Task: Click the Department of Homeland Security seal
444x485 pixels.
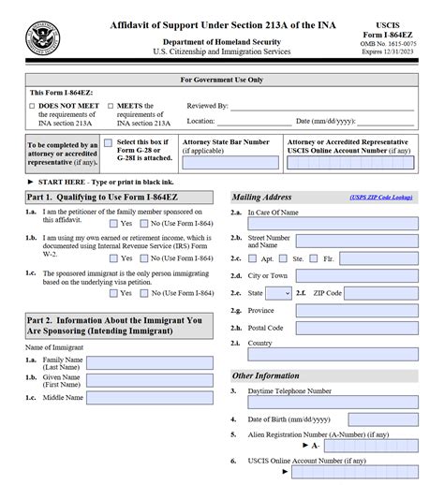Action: point(43,41)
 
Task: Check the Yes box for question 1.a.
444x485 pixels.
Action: point(114,224)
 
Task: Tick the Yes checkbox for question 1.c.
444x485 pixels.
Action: point(114,292)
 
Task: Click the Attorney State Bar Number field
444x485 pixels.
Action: point(229,162)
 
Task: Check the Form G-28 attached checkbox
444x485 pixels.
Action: point(109,144)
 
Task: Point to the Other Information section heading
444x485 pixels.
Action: point(265,375)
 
